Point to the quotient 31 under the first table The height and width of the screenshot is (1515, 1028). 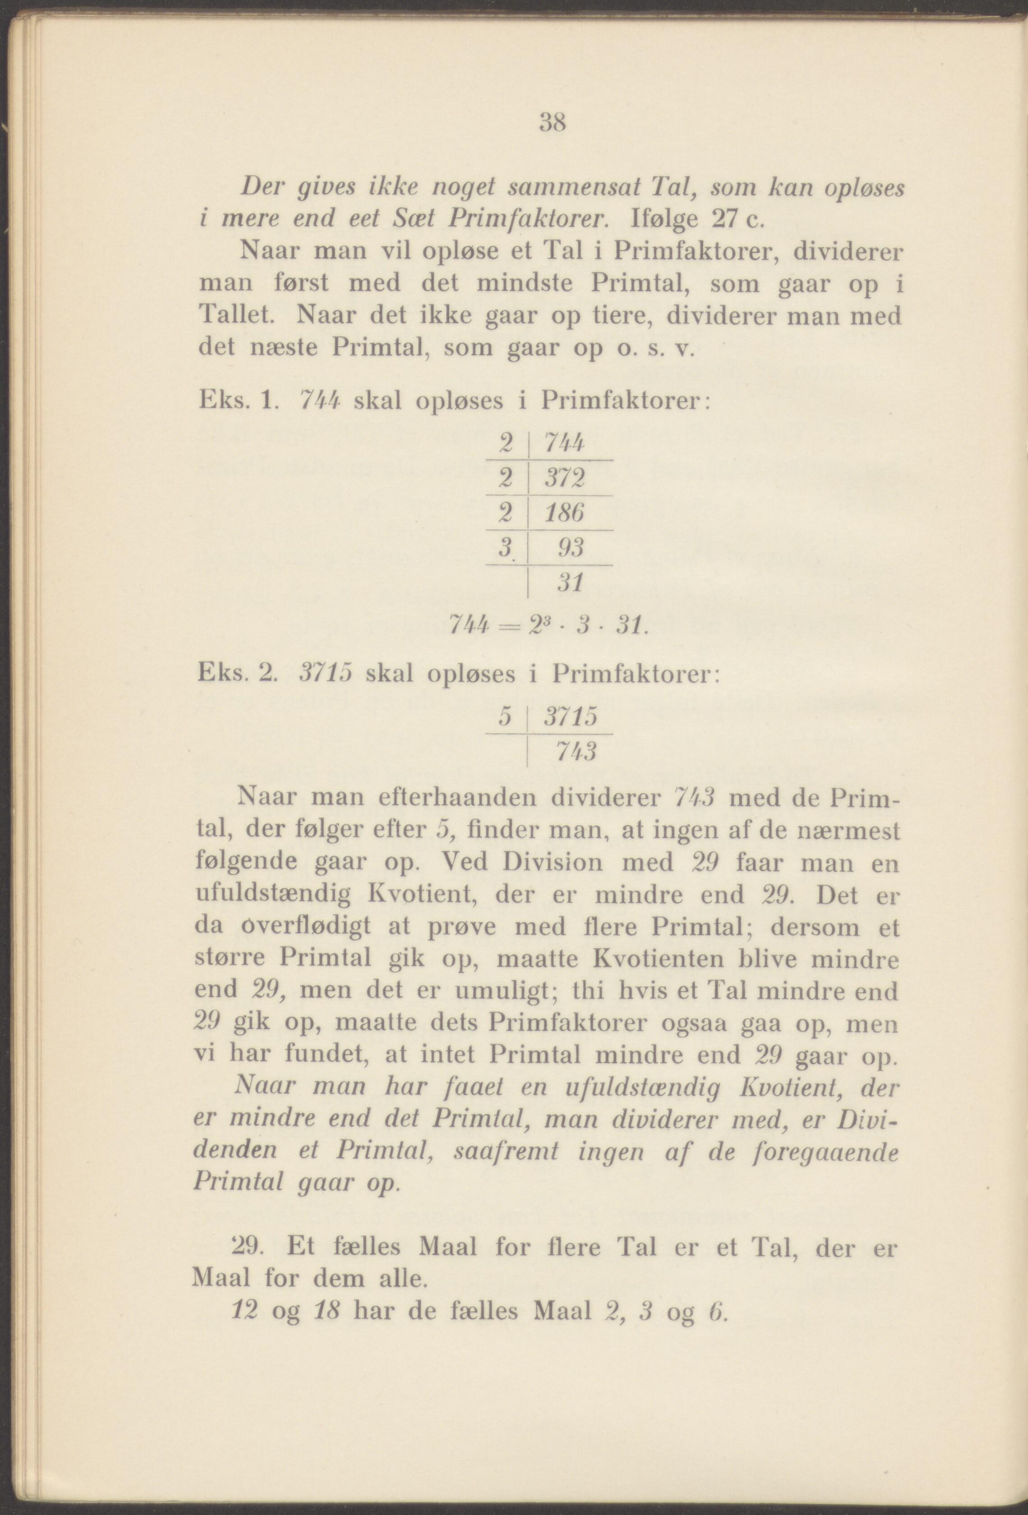pyautogui.click(x=569, y=582)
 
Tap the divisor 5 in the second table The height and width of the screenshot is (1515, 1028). pyautogui.click(x=503, y=718)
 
